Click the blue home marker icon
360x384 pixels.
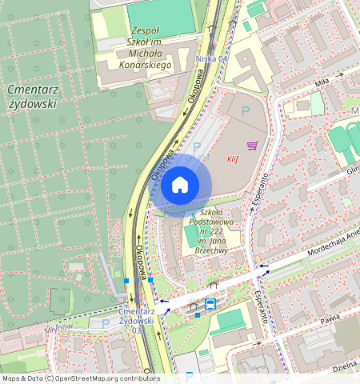pos(180,186)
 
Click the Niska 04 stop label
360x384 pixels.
pos(211,59)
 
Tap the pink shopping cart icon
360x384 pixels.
pos(252,145)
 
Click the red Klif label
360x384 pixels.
pos(233,158)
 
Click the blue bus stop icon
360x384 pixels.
pos(210,304)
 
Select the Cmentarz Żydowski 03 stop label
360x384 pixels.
pos(137,321)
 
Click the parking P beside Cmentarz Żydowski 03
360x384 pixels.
pos(106,323)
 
